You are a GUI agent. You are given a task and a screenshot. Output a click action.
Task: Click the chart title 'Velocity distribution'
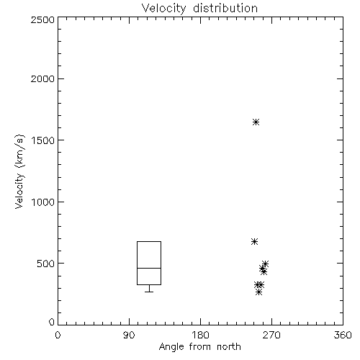(199, 9)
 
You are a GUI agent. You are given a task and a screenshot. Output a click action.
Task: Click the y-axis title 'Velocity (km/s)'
(19, 171)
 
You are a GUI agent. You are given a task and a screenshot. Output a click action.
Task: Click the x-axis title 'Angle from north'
(199, 347)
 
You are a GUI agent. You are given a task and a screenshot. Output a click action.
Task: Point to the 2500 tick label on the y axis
(42, 19)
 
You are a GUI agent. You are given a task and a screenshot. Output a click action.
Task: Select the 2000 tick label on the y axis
(42, 78)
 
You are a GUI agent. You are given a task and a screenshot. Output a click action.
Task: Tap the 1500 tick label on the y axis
(43, 140)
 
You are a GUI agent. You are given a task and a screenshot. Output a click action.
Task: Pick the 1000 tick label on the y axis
(43, 202)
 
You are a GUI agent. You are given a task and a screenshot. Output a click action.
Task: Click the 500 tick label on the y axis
(46, 264)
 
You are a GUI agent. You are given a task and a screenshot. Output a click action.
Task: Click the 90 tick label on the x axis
(129, 335)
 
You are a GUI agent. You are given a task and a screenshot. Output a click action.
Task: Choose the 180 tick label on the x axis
(200, 335)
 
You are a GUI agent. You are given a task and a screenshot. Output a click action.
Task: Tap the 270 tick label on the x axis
(271, 335)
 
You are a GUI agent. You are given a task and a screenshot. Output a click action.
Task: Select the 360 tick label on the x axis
(343, 335)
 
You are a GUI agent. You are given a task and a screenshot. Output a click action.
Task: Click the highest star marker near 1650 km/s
(256, 122)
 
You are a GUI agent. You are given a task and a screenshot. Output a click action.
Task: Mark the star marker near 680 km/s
(255, 241)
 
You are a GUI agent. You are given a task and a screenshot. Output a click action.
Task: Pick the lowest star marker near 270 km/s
(258, 292)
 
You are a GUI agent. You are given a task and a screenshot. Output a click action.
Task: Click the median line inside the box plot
(149, 268)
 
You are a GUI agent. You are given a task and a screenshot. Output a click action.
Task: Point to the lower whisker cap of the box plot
(149, 292)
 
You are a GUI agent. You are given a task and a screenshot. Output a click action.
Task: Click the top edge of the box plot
(149, 241)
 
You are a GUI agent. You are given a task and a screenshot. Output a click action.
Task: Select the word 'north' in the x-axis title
(229, 347)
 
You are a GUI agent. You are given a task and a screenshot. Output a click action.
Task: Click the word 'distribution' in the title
(225, 9)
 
